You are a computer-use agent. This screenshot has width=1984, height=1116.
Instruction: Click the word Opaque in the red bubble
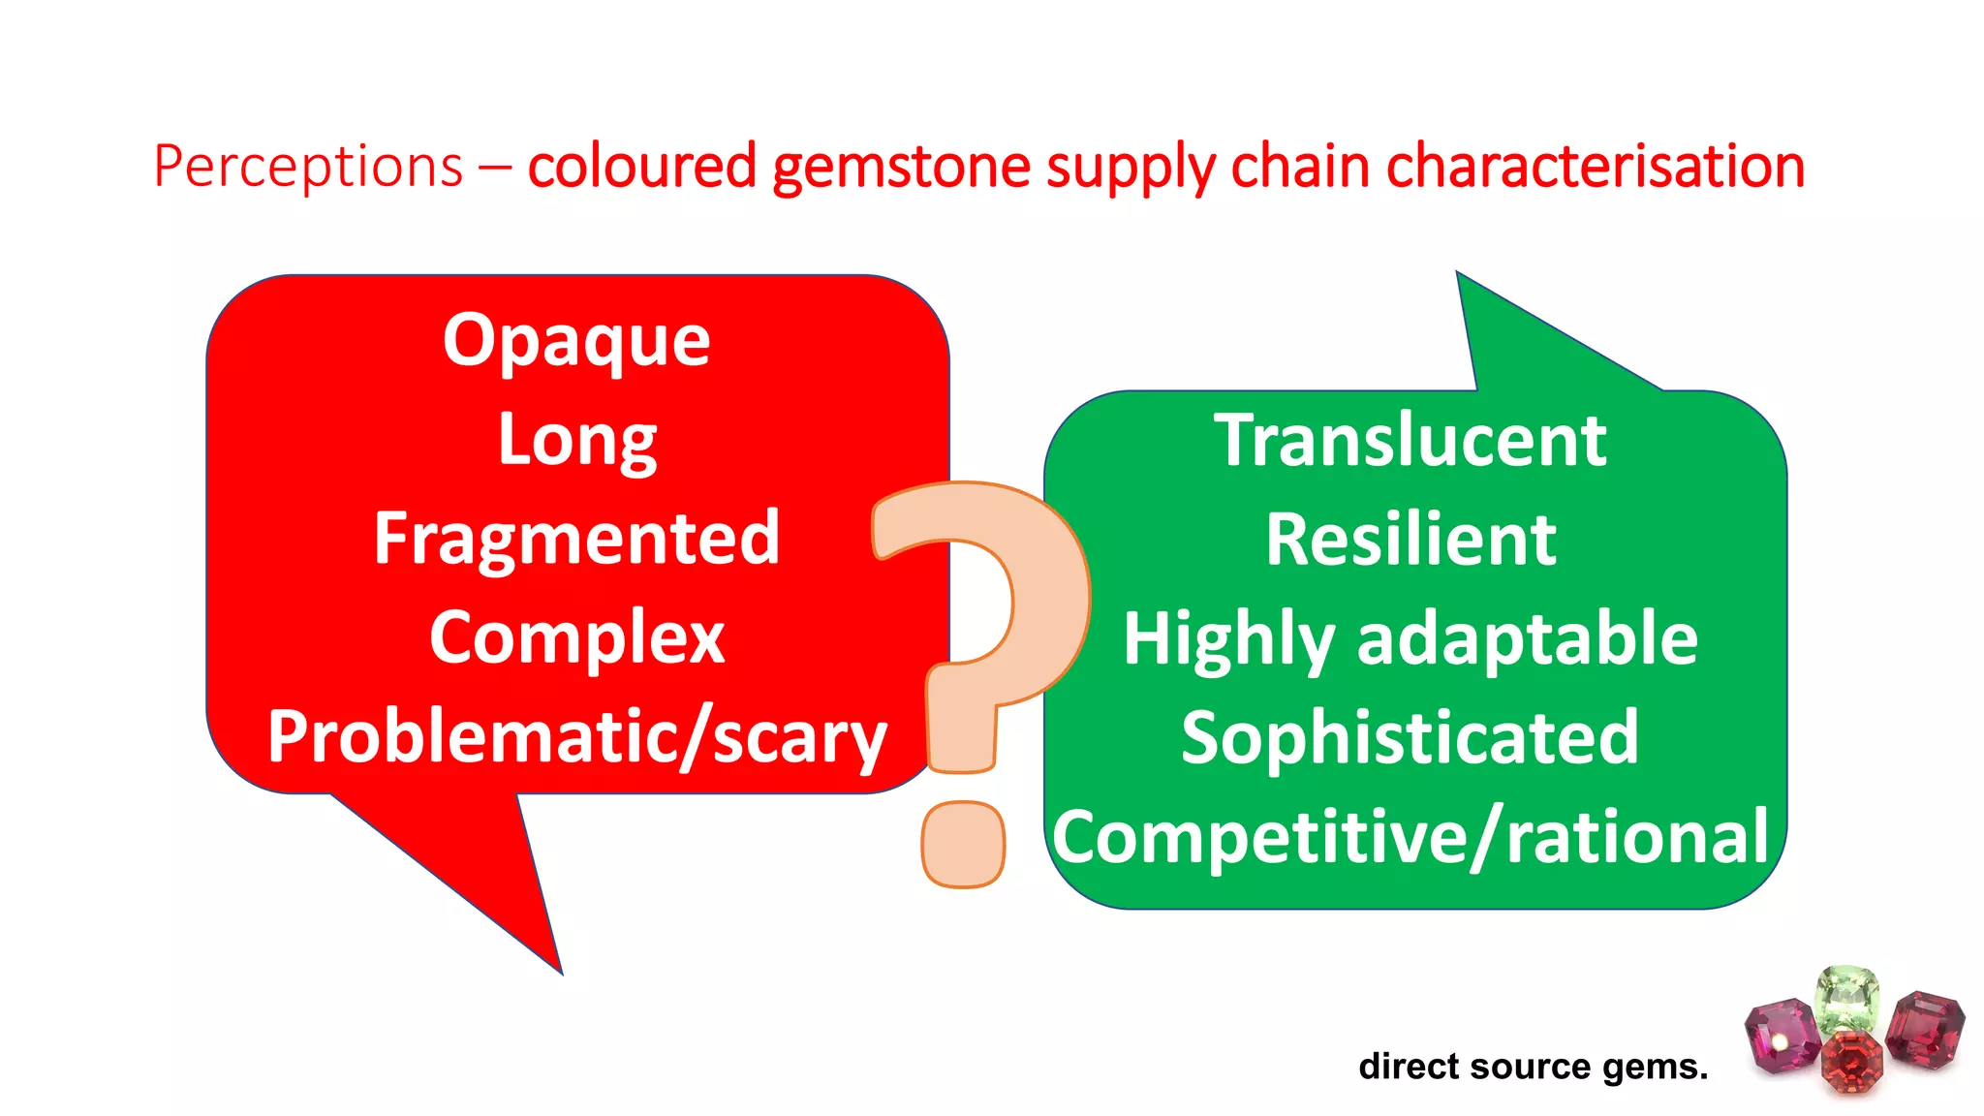tap(576, 341)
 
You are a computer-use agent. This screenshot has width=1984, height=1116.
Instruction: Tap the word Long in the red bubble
tap(577, 441)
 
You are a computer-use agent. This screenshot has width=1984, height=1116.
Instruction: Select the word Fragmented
tap(576, 539)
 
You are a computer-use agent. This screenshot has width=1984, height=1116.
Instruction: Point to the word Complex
tap(576, 638)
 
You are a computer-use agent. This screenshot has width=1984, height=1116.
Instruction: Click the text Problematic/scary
tap(576, 737)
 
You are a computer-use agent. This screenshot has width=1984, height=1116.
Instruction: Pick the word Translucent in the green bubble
tap(1410, 441)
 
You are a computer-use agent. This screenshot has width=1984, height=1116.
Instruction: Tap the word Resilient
tap(1410, 540)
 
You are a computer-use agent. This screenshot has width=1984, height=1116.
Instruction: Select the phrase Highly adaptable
tap(1410, 639)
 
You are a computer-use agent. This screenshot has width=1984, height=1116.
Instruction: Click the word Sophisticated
tap(1410, 738)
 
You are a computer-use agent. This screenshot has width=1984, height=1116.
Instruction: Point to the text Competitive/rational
tap(1410, 837)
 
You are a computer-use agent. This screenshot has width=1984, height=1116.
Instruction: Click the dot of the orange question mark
tap(962, 845)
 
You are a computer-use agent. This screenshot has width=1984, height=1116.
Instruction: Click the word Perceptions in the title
tap(308, 167)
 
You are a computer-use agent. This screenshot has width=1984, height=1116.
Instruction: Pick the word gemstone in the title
tap(901, 167)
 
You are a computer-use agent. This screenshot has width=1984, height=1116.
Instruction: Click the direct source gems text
tap(1533, 1067)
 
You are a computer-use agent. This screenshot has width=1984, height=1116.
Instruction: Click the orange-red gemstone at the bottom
tap(1851, 1061)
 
